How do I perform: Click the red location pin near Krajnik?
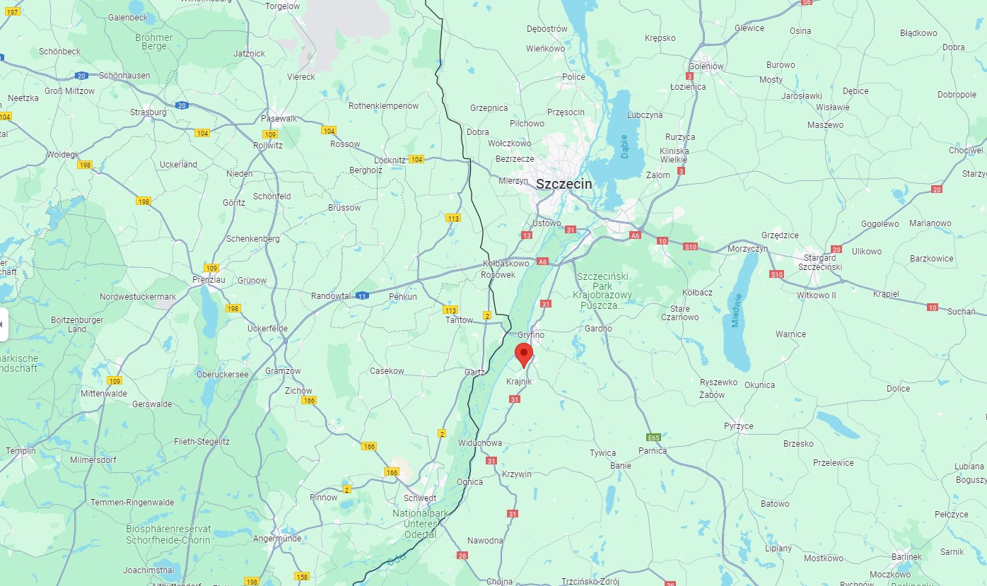(x=523, y=353)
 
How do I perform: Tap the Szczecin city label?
(x=563, y=184)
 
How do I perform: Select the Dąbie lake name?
(x=624, y=146)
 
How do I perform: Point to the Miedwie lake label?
(x=738, y=310)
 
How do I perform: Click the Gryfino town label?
(x=530, y=334)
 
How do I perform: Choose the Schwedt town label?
(x=420, y=498)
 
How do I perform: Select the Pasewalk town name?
(x=279, y=119)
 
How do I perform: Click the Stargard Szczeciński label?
(x=820, y=262)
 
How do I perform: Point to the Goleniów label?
(x=706, y=66)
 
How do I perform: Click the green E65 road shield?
(x=653, y=438)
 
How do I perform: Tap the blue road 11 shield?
(x=362, y=295)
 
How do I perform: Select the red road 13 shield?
(x=526, y=235)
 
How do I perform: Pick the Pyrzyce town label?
(x=738, y=426)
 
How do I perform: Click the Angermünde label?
(x=277, y=539)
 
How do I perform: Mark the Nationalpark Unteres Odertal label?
(x=420, y=524)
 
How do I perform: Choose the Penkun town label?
(x=403, y=297)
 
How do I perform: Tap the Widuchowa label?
(x=479, y=443)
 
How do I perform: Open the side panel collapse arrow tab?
(x=3, y=324)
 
